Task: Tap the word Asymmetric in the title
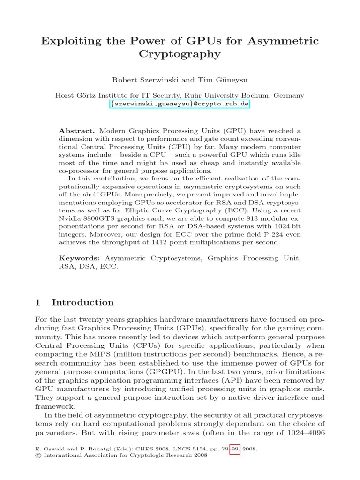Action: click(x=286, y=41)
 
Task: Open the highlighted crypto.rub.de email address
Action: click(x=180, y=104)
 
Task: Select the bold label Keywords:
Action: click(x=79, y=258)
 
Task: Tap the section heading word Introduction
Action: click(x=82, y=302)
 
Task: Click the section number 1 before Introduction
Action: click(x=38, y=302)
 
